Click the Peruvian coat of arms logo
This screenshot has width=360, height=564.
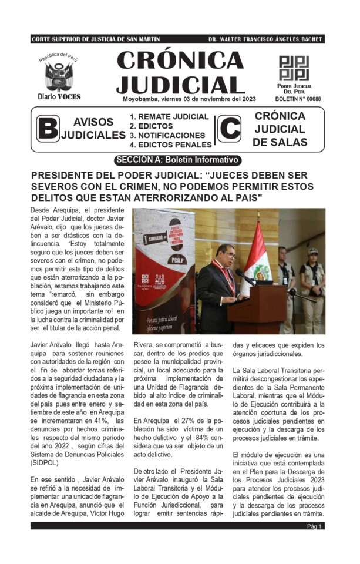pos(58,76)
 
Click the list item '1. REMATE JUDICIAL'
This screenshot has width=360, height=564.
pos(169,116)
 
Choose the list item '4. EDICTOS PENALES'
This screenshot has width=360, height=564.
pos(170,145)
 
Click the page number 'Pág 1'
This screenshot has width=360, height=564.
pos(314,526)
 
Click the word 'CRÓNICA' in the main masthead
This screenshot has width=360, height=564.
pos(180,60)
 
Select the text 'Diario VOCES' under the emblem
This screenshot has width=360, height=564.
pos(59,96)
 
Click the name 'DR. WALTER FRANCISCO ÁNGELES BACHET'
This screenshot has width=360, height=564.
pos(265,39)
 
